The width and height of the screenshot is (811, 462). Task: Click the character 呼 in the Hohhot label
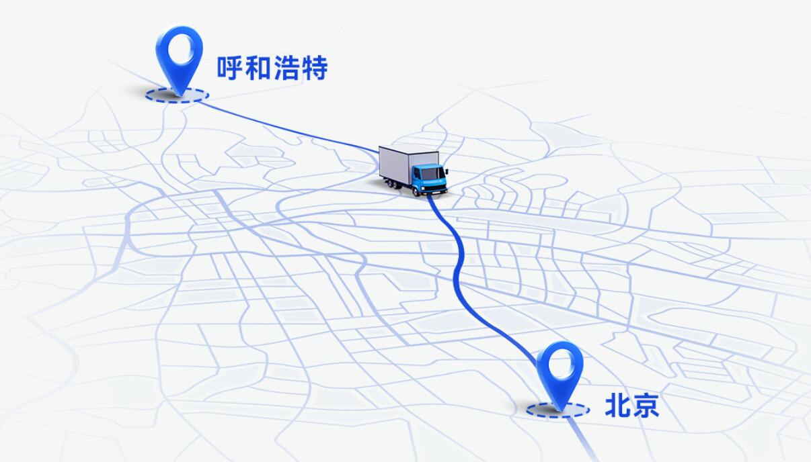tap(229, 68)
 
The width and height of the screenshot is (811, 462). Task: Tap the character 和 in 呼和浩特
tap(258, 68)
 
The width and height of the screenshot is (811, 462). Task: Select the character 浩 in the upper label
tap(286, 68)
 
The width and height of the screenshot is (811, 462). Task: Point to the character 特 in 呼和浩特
tap(315, 68)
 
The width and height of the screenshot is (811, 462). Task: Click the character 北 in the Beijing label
tap(617, 406)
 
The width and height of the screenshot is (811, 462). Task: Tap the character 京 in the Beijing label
tap(646, 406)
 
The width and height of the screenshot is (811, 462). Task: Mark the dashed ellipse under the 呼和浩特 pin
tap(178, 101)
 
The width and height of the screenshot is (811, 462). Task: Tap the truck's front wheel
tap(417, 191)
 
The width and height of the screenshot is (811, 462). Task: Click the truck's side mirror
tap(447, 171)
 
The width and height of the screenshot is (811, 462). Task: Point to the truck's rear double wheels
tap(393, 185)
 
